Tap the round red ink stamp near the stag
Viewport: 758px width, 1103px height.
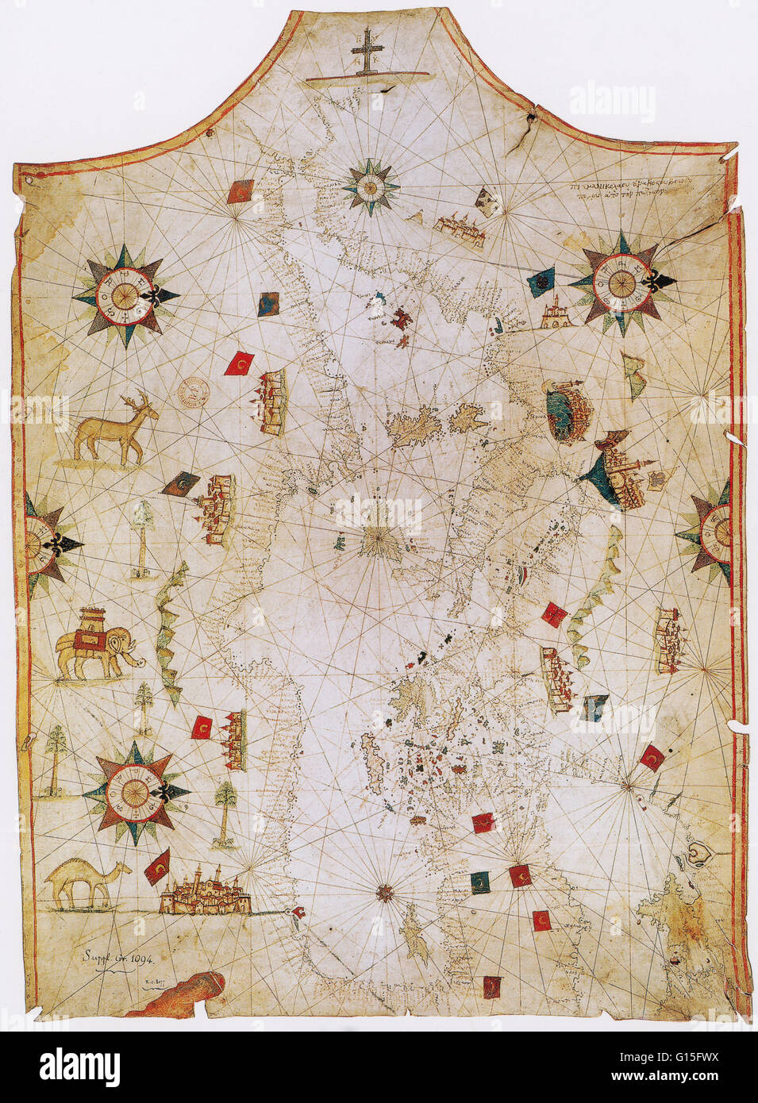tap(193, 390)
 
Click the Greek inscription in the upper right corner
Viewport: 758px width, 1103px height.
tap(635, 190)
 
